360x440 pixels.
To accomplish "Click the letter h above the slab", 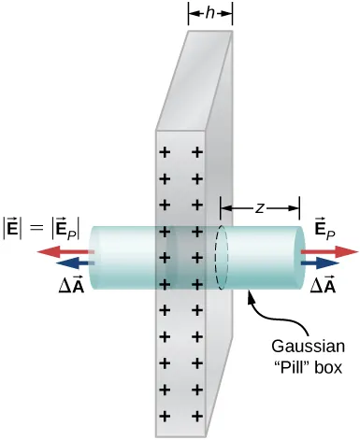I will pyautogui.click(x=210, y=13).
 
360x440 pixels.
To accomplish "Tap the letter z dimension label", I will pyautogui.click(x=258, y=207).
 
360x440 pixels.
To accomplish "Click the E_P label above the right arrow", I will pyautogui.click(x=323, y=227).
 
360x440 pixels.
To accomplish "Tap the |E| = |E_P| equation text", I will pyautogui.click(x=48, y=225).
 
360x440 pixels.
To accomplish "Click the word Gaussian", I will pyautogui.click(x=301, y=342).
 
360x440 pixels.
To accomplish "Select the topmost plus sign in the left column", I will pyautogui.click(x=166, y=151).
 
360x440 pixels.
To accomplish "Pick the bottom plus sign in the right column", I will pyautogui.click(x=197, y=414).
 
